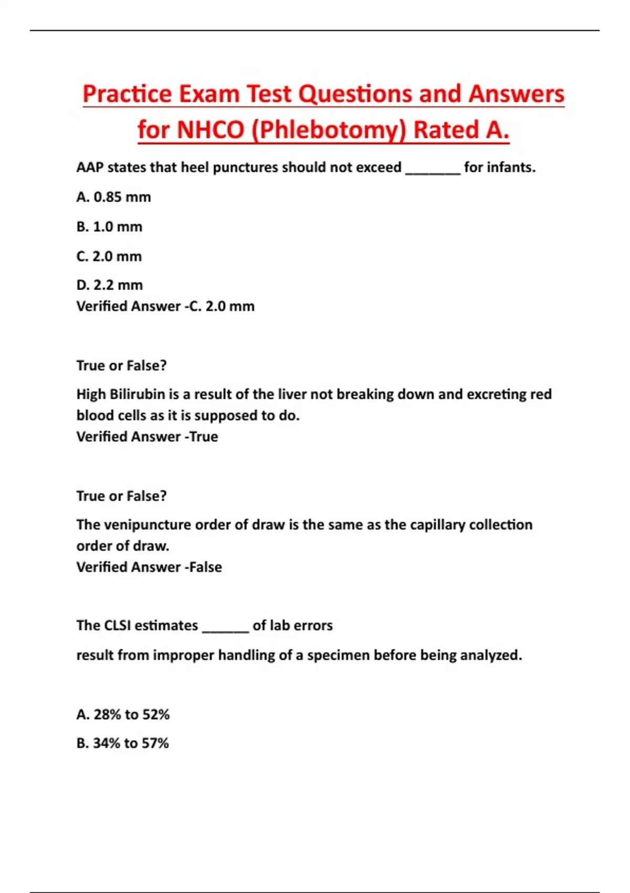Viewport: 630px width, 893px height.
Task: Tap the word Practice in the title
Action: coord(127,95)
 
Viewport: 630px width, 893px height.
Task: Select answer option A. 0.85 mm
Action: coord(113,197)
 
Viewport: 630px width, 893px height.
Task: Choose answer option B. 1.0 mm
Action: coord(109,227)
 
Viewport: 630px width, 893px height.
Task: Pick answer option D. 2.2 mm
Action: coord(109,285)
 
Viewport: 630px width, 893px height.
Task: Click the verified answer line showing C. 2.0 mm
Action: coord(165,306)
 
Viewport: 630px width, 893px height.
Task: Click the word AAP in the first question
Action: coord(90,168)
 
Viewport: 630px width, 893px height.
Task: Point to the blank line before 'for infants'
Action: coord(433,169)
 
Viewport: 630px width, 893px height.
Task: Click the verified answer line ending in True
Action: coord(147,437)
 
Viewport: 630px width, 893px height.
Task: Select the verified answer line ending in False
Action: coord(149,567)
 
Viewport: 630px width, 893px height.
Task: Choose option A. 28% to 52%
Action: coord(123,714)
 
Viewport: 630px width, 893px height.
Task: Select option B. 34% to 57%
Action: coord(122,743)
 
